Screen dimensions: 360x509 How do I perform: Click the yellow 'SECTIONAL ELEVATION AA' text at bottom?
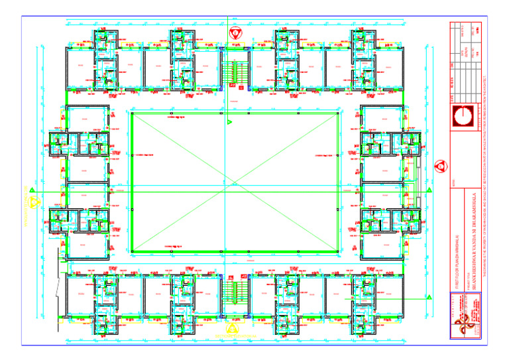(233, 337)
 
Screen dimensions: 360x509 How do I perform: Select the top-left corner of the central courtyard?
(132, 113)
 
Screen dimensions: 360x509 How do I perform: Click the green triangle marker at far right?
(430, 192)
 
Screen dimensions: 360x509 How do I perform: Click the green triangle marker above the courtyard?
(229, 122)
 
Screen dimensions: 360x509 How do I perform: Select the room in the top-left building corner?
(79, 66)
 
